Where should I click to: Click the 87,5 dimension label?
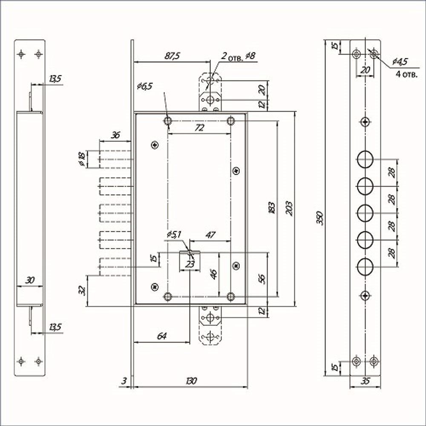coord(173,56)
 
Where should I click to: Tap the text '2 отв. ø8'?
coord(238,56)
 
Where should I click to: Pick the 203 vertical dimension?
coord(289,208)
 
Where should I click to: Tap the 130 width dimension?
coord(191,381)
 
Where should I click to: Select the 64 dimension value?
coord(161,336)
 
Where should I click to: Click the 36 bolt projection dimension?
coord(115,135)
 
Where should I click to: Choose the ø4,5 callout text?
coord(400,61)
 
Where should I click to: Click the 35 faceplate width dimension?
coord(365,381)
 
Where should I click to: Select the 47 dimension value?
coord(210,235)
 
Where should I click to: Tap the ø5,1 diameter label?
coord(175,235)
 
